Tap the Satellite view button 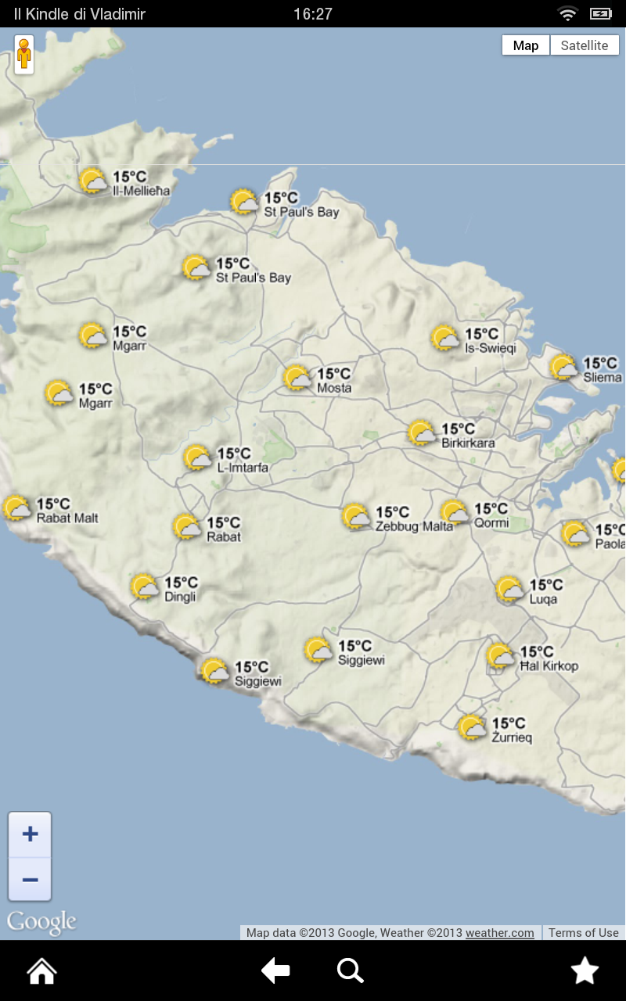click(x=585, y=45)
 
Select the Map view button click(x=526, y=45)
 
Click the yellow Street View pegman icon click(x=24, y=55)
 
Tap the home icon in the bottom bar click(x=41, y=971)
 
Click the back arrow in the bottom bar click(x=275, y=971)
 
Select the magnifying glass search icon click(x=350, y=971)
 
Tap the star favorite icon click(x=585, y=971)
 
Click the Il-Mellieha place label click(x=142, y=191)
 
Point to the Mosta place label click(x=334, y=388)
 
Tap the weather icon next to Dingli click(x=145, y=587)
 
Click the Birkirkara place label click(x=468, y=443)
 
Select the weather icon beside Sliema click(x=563, y=367)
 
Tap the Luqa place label click(x=543, y=600)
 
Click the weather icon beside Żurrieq click(x=473, y=727)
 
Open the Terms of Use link click(x=583, y=932)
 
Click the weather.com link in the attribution click(x=500, y=932)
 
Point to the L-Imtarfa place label click(x=243, y=468)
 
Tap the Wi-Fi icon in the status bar click(x=567, y=13)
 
